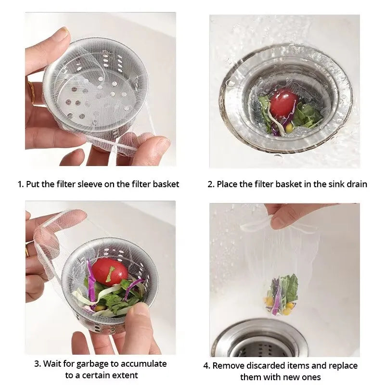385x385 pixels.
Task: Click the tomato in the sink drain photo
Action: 284,103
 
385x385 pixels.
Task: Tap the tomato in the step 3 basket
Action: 109,271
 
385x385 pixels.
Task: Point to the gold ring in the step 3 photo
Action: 27,250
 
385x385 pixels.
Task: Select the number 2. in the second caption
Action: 211,184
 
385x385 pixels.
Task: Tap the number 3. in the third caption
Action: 37,363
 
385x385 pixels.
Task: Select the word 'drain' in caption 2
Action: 356,184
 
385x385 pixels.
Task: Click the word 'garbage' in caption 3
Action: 94,363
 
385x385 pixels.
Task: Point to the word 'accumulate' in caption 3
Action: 143,363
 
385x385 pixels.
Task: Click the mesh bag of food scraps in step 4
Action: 281,294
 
